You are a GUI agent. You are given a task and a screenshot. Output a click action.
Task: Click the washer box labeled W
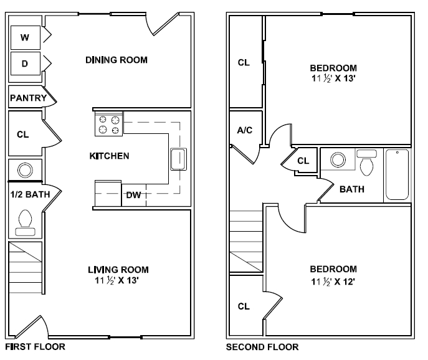pyautogui.click(x=25, y=37)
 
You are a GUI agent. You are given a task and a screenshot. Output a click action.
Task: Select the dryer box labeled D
pyautogui.click(x=25, y=63)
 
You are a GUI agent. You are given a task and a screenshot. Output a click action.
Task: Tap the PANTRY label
pyautogui.click(x=28, y=98)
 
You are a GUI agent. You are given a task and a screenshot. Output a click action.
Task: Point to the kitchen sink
pyautogui.click(x=178, y=159)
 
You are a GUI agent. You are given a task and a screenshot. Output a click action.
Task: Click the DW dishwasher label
pyautogui.click(x=133, y=195)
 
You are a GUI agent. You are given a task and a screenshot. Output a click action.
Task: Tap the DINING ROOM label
pyautogui.click(x=117, y=60)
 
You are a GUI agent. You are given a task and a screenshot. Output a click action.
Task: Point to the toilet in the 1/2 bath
pyautogui.click(x=26, y=221)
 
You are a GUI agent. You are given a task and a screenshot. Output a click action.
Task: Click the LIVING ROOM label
pyautogui.click(x=118, y=270)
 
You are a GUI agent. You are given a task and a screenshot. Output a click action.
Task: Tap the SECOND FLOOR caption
pyautogui.click(x=262, y=347)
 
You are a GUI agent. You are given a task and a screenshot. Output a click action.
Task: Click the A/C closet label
pyautogui.click(x=244, y=130)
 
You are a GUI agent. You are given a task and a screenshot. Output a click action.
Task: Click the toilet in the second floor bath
pyautogui.click(x=367, y=163)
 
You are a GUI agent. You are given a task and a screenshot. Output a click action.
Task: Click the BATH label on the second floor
pyautogui.click(x=352, y=189)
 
